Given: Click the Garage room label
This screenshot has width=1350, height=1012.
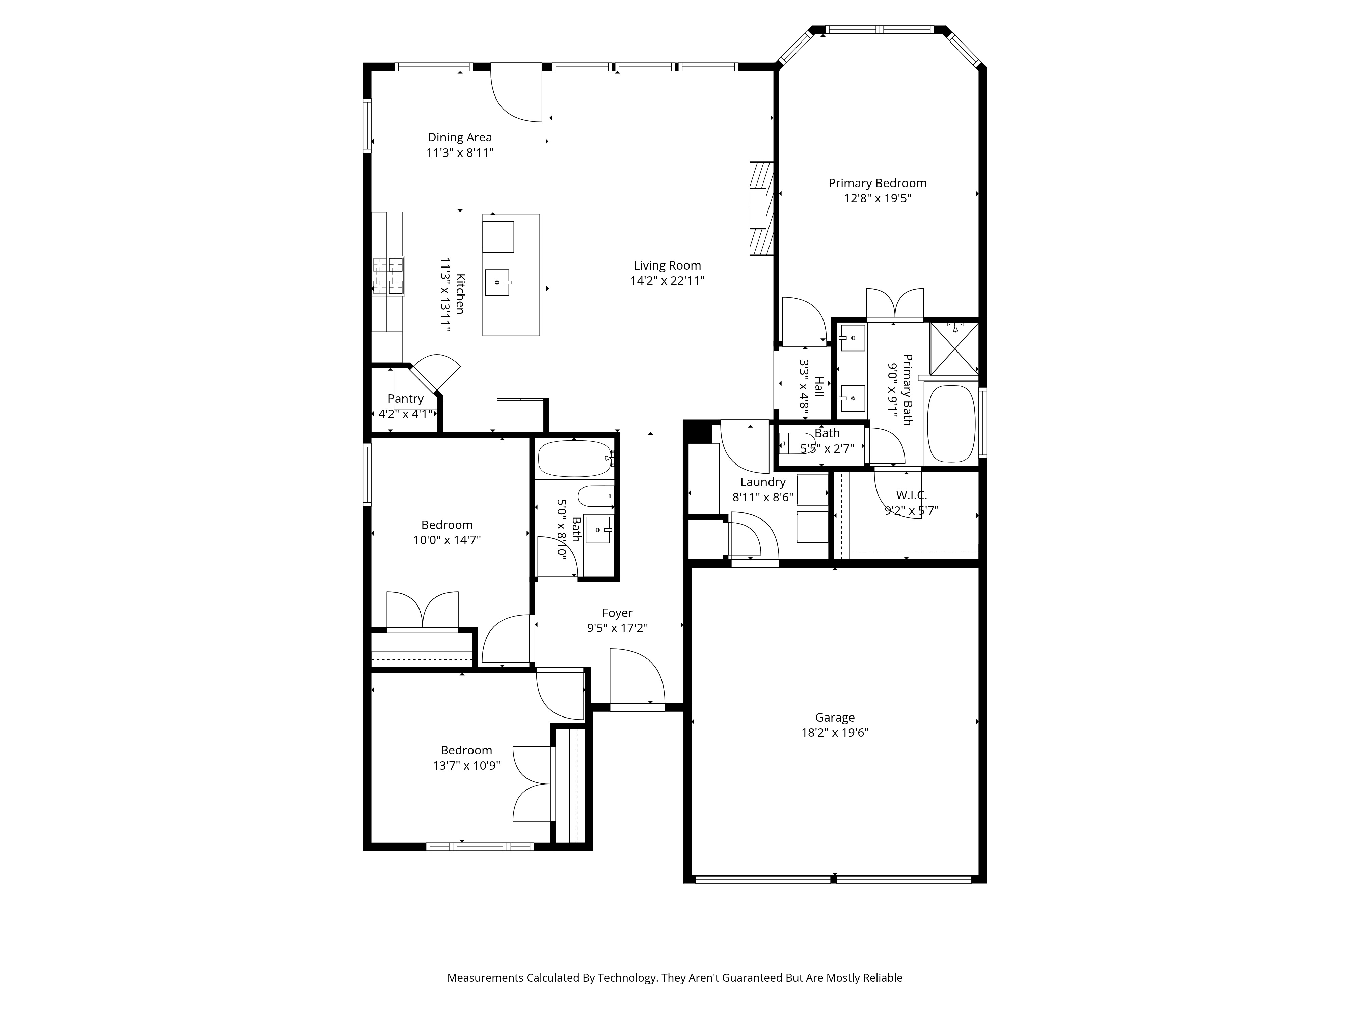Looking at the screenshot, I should tap(834, 718).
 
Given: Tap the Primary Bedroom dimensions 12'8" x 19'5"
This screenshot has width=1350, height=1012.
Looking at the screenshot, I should tap(877, 198).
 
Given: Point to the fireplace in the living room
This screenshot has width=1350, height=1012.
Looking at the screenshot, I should tap(761, 208).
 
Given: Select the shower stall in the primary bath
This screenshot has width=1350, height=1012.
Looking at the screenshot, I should tap(953, 348).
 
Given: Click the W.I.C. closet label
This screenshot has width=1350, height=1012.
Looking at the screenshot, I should tap(911, 495).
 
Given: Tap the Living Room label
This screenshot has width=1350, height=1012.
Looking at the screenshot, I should tap(667, 265).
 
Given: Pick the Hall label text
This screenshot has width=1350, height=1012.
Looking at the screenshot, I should tap(819, 387).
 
